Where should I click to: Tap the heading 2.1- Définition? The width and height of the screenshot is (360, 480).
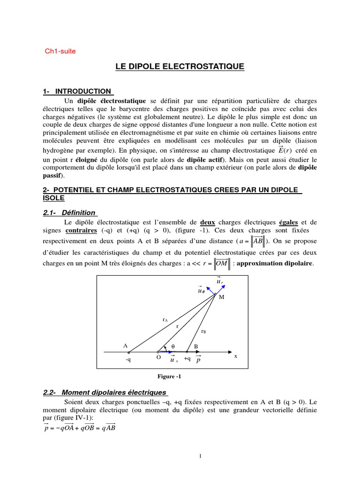click(69, 212)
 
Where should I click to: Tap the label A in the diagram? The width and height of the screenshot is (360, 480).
click(125, 345)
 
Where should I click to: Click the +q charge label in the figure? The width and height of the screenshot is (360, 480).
click(187, 359)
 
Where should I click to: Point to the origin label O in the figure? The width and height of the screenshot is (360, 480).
click(158, 357)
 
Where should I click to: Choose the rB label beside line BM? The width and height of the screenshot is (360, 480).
click(203, 331)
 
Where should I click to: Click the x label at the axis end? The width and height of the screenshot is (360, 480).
click(236, 356)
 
